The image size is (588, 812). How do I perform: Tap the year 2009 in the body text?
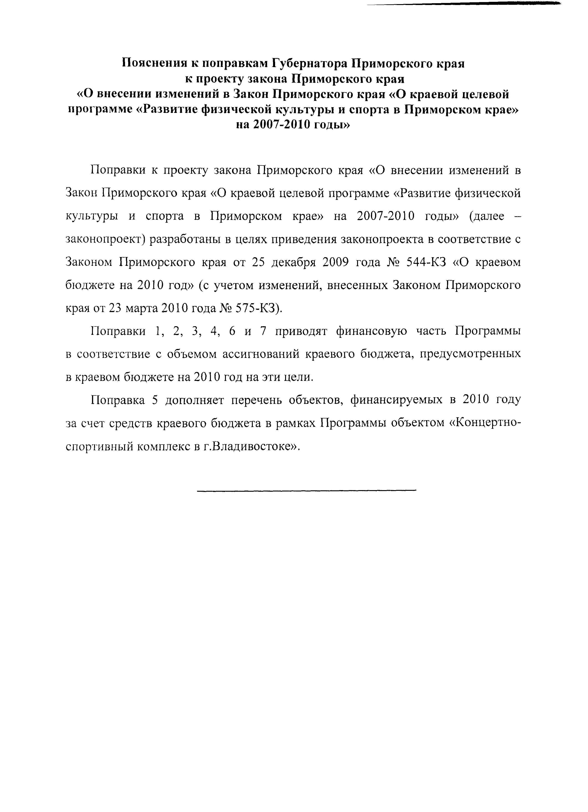pos(335,262)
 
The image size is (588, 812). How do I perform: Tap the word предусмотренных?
pos(470,354)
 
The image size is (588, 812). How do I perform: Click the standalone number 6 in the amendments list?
pos(232,331)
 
